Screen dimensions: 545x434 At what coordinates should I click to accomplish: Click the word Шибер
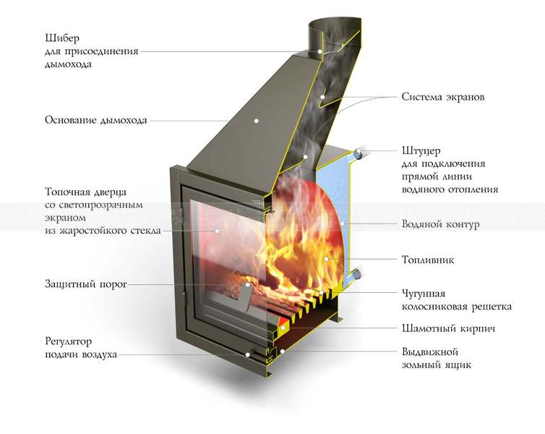[62, 38]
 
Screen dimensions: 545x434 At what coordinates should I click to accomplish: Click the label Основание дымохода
[96, 120]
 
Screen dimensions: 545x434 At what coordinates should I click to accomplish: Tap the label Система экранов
[443, 97]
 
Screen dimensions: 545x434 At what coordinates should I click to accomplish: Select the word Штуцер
[421, 151]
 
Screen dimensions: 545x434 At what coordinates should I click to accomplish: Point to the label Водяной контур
[441, 224]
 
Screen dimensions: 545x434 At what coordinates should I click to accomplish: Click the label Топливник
[428, 260]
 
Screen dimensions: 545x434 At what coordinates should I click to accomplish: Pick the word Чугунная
[424, 294]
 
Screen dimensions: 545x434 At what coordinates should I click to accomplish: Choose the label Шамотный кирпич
[448, 328]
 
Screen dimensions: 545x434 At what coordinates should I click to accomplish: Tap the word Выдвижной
[430, 352]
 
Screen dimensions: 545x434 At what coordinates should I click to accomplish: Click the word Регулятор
[69, 341]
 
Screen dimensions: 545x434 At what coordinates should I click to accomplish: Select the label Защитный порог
[86, 284]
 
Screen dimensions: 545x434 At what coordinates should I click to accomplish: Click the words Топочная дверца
[86, 192]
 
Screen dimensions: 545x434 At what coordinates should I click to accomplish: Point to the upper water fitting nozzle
[357, 153]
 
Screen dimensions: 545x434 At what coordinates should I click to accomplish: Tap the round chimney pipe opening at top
[335, 25]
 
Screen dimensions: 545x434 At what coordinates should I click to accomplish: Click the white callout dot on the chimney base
[257, 121]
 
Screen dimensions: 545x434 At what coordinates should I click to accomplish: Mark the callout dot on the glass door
[217, 231]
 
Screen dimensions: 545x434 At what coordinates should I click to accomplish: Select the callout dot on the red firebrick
[283, 328]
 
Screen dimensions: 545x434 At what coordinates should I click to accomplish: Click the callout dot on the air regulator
[248, 354]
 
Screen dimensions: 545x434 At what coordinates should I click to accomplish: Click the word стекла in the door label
[146, 231]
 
